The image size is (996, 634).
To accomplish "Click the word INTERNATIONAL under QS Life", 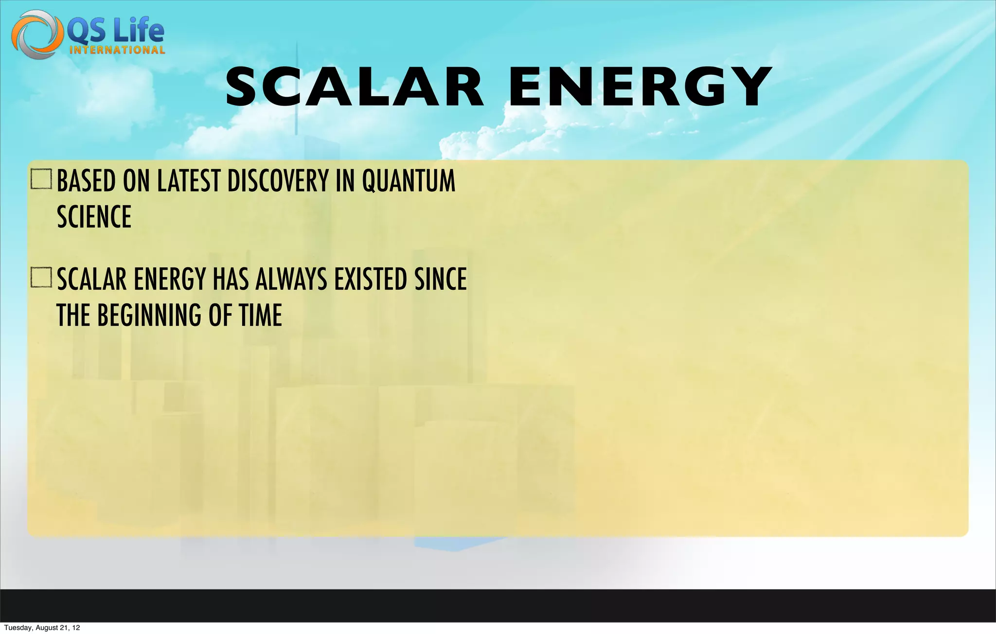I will pyautogui.click(x=117, y=50).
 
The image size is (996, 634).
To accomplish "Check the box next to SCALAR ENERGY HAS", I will pyautogui.click(x=41, y=278).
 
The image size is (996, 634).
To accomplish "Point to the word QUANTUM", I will pyautogui.click(x=409, y=181).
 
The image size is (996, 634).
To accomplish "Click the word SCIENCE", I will pyautogui.click(x=94, y=217).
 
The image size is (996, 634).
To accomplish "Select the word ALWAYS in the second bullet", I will pyautogui.click(x=291, y=280).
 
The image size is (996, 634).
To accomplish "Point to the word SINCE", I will pyautogui.click(x=441, y=280).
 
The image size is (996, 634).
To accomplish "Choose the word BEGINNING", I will pyautogui.click(x=149, y=315).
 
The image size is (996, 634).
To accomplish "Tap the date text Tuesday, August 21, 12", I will pyautogui.click(x=42, y=628).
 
